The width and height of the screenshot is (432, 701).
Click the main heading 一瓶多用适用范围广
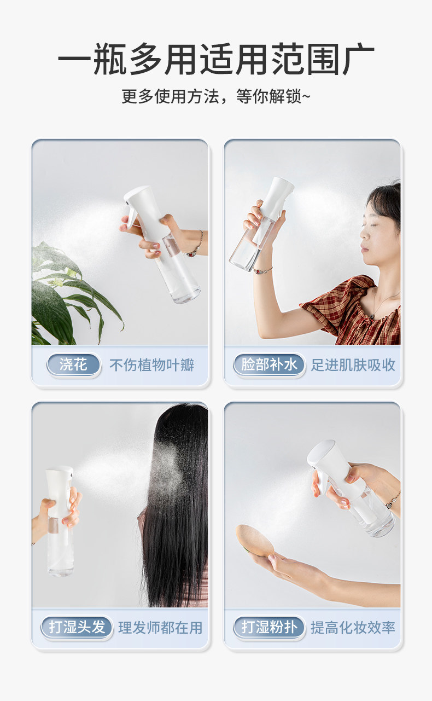[x=216, y=59]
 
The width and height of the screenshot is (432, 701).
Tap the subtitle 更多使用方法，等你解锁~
[x=216, y=96]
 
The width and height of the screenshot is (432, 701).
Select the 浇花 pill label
[x=73, y=364]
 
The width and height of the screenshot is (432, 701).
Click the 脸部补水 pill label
[x=269, y=364]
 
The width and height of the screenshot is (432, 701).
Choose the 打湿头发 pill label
[x=77, y=627]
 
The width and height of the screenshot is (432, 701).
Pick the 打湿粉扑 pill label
[x=269, y=627]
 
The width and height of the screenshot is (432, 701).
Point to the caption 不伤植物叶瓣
[x=151, y=365]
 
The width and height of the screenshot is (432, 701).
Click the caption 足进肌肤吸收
[x=353, y=365]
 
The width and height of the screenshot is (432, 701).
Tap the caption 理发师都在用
[x=160, y=628]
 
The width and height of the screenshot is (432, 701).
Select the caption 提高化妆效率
[x=353, y=628]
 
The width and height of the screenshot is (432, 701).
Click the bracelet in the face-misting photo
[x=263, y=270]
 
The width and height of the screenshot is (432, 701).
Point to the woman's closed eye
[x=365, y=225]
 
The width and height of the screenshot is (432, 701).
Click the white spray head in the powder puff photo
[x=331, y=466]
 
